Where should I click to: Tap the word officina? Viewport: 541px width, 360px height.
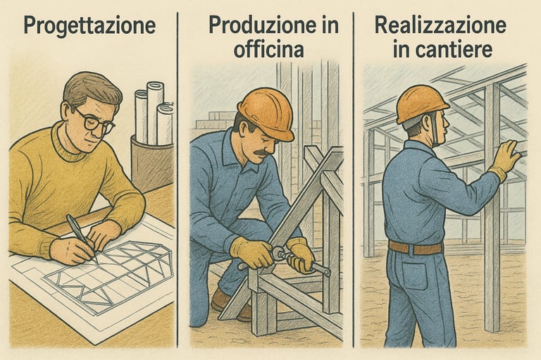pyautogui.click(x=269, y=49)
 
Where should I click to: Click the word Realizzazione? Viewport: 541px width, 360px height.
pyautogui.click(x=440, y=25)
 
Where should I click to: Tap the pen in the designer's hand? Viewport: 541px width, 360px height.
pyautogui.click(x=81, y=237)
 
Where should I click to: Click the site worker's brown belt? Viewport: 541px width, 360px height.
pyautogui.click(x=415, y=247)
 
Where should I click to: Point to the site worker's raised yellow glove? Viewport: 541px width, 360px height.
pyautogui.click(x=506, y=159)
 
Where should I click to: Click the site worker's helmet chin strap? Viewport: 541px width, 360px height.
pyautogui.click(x=433, y=131)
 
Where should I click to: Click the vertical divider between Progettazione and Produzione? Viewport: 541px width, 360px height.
pyautogui.click(x=178, y=180)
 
